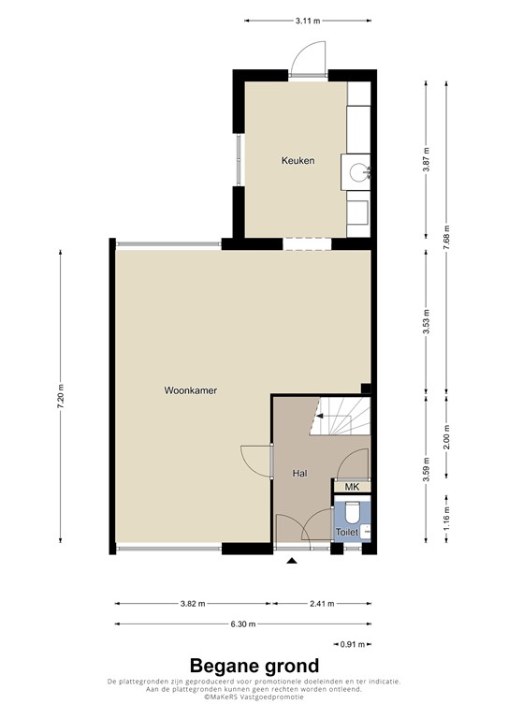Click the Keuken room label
click(298, 161)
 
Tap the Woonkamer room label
click(191, 390)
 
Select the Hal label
click(299, 474)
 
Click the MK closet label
click(352, 487)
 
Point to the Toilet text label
click(346, 532)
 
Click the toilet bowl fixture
click(353, 511)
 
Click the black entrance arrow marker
click(292, 561)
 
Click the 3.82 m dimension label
click(193, 604)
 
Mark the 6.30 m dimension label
click(242, 624)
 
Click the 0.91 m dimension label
click(352, 644)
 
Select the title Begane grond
click(254, 666)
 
